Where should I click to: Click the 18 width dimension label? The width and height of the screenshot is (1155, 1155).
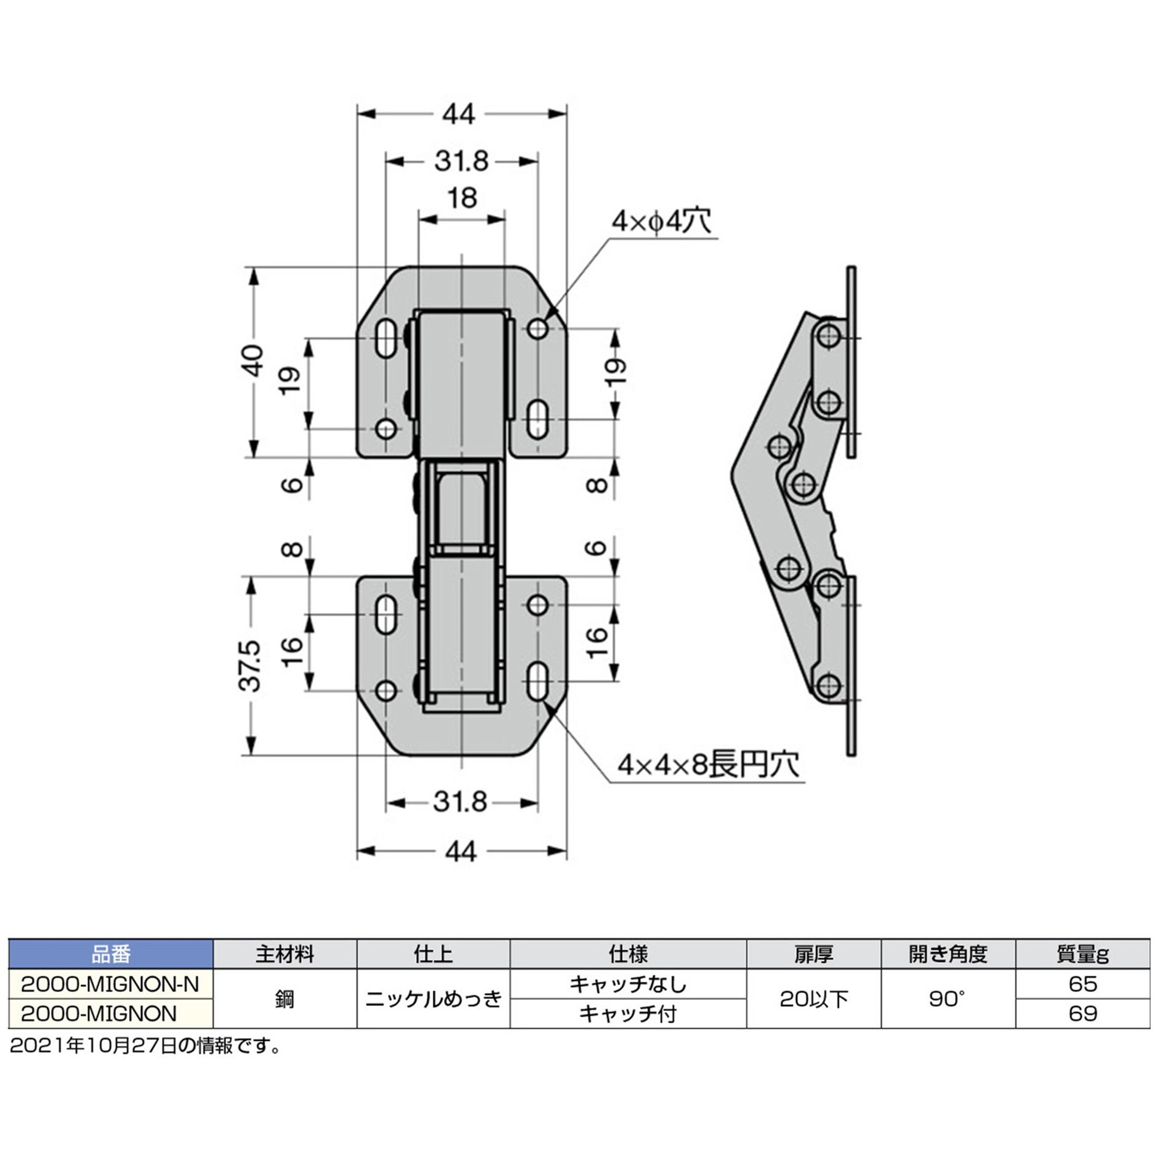(462, 199)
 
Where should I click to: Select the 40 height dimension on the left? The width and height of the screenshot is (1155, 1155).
(253, 361)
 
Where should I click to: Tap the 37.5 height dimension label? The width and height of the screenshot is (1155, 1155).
(252, 666)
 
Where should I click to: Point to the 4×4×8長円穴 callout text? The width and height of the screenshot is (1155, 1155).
(709, 765)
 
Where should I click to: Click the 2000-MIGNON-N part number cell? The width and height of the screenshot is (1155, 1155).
(111, 984)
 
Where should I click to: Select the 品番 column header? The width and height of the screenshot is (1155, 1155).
(111, 954)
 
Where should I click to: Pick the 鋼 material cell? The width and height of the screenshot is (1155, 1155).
(284, 999)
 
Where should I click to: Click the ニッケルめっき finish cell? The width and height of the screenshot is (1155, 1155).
(433, 999)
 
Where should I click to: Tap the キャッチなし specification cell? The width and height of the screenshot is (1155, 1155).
(628, 984)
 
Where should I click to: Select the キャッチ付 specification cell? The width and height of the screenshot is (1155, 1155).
(628, 1013)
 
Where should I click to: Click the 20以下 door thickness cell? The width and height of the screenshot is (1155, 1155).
(813, 999)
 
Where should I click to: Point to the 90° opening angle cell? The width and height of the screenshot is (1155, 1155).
(948, 999)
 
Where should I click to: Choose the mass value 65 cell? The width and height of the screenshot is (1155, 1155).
(1082, 984)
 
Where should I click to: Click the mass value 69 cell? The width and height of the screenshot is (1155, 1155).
(1082, 1013)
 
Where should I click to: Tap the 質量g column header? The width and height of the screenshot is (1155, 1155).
(1082, 954)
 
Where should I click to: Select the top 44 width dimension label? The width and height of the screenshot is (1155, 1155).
(460, 115)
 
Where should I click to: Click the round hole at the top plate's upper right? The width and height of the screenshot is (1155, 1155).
(538, 329)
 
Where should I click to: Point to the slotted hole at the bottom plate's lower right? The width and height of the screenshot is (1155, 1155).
(538, 681)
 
